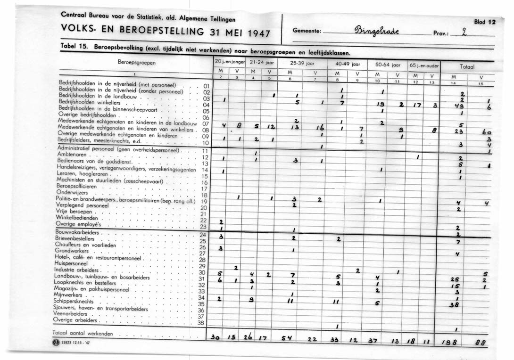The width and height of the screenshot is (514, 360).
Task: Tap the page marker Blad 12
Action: (485, 22)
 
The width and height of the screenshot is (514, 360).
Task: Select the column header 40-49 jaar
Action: (348, 63)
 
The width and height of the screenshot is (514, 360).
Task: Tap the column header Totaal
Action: (467, 67)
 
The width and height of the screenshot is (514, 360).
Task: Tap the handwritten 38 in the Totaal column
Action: (455, 304)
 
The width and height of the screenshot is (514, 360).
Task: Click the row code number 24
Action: (203, 235)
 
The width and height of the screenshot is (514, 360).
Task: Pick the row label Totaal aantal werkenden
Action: (83, 333)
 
